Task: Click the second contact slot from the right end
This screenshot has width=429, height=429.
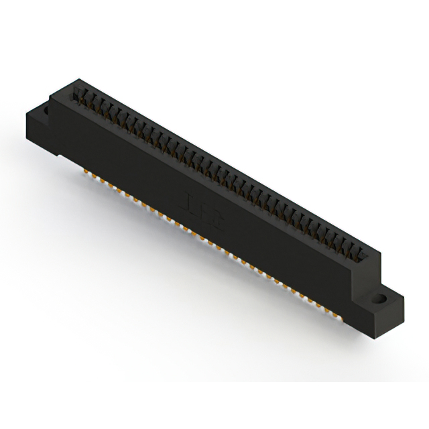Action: point(355,249)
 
